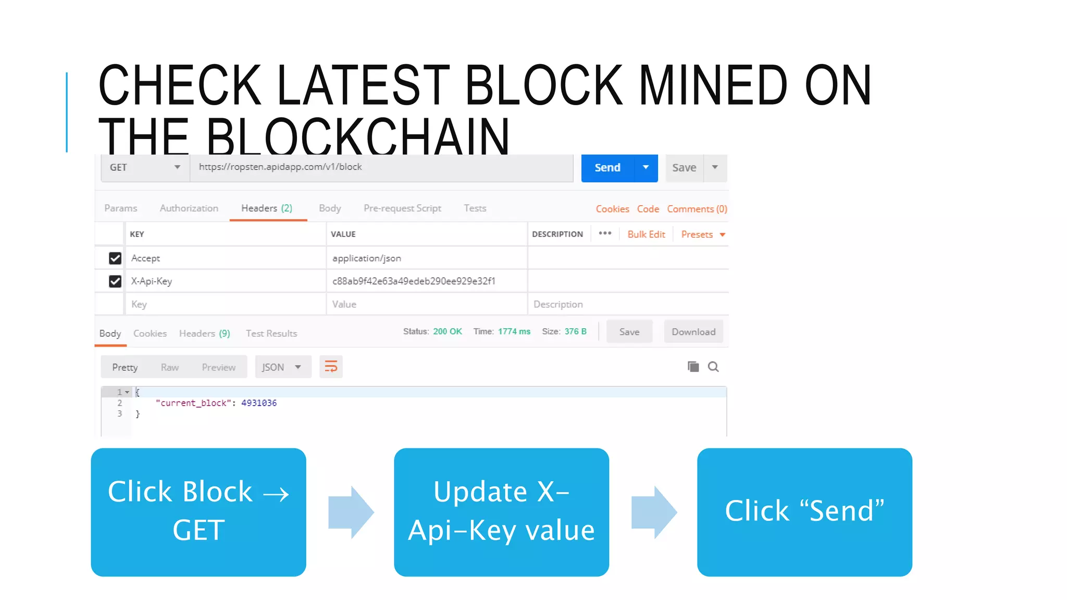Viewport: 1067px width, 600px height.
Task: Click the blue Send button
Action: coord(607,168)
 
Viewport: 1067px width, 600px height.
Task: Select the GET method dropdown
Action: coord(145,168)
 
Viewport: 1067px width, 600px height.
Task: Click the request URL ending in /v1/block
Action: coord(280,167)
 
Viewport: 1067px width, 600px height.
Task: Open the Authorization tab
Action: coord(189,208)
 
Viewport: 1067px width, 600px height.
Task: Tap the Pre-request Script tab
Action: coord(402,208)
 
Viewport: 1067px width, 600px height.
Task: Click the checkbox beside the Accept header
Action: coord(115,258)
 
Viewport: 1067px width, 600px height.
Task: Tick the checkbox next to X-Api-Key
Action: coord(115,281)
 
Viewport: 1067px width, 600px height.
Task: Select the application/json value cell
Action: coord(367,258)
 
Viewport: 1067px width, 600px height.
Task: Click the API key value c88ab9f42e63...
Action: coord(414,281)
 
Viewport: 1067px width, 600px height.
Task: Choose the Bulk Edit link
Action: coord(646,234)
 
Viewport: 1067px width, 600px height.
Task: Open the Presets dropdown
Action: coord(703,234)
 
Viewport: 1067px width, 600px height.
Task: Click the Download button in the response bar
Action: coord(693,332)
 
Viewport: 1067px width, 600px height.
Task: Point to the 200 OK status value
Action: coord(448,332)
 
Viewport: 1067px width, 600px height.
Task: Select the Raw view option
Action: coord(170,368)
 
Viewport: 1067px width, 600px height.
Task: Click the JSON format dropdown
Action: coord(282,367)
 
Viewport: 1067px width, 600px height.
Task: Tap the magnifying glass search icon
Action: coord(713,367)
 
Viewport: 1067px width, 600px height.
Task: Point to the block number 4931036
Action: coord(259,403)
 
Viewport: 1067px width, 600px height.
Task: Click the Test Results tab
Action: coord(271,334)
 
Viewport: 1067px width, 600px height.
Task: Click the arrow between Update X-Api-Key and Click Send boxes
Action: coord(654,512)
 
